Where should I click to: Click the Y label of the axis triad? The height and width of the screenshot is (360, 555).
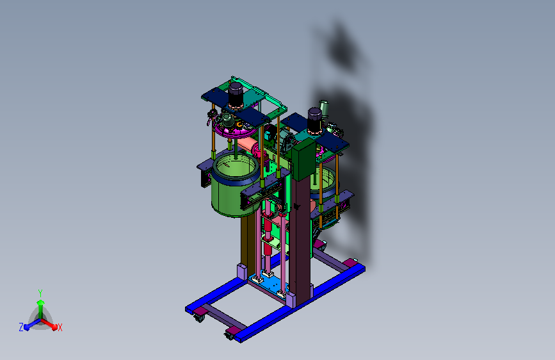pos(40,293)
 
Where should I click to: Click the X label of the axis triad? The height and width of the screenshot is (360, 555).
pos(60,327)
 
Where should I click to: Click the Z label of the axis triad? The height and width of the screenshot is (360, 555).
pos(21,327)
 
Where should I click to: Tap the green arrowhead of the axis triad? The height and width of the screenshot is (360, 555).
pos(40,302)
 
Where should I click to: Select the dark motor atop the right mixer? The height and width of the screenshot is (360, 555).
pos(314,120)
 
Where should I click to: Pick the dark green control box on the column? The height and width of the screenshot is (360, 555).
pos(303,159)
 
